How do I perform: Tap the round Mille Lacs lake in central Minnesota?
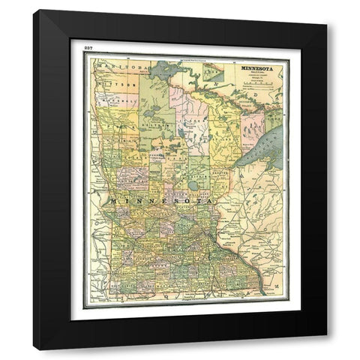pyautogui.click(x=194, y=185)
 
